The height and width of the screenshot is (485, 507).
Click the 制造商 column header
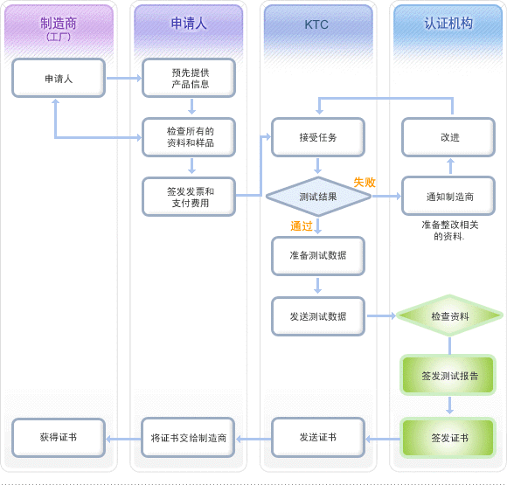(x=59, y=29)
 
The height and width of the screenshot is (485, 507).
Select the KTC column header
(x=316, y=24)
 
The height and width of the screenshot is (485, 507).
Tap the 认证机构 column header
(x=448, y=24)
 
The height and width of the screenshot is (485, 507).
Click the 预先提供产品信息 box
(x=189, y=78)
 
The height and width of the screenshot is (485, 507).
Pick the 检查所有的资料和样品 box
(x=189, y=137)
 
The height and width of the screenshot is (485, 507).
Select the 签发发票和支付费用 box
(x=189, y=197)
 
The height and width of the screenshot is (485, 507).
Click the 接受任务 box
(x=318, y=137)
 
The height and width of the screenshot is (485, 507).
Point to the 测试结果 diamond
(x=318, y=197)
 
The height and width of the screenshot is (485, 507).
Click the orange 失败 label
(x=365, y=183)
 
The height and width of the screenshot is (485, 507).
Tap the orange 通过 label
(x=302, y=226)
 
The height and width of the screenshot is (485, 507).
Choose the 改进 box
(x=448, y=137)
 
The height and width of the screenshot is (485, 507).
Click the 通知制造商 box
(x=448, y=196)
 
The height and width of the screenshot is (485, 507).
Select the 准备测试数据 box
(x=318, y=256)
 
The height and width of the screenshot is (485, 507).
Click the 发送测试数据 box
(x=318, y=316)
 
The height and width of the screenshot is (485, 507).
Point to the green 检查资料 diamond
(x=449, y=315)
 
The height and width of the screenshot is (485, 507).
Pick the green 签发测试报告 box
(x=448, y=375)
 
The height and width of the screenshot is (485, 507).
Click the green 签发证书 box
(x=448, y=438)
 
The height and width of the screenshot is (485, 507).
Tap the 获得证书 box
(x=59, y=438)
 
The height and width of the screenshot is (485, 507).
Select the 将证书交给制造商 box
(x=188, y=438)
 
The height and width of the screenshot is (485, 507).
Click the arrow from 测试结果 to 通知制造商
(x=386, y=196)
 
